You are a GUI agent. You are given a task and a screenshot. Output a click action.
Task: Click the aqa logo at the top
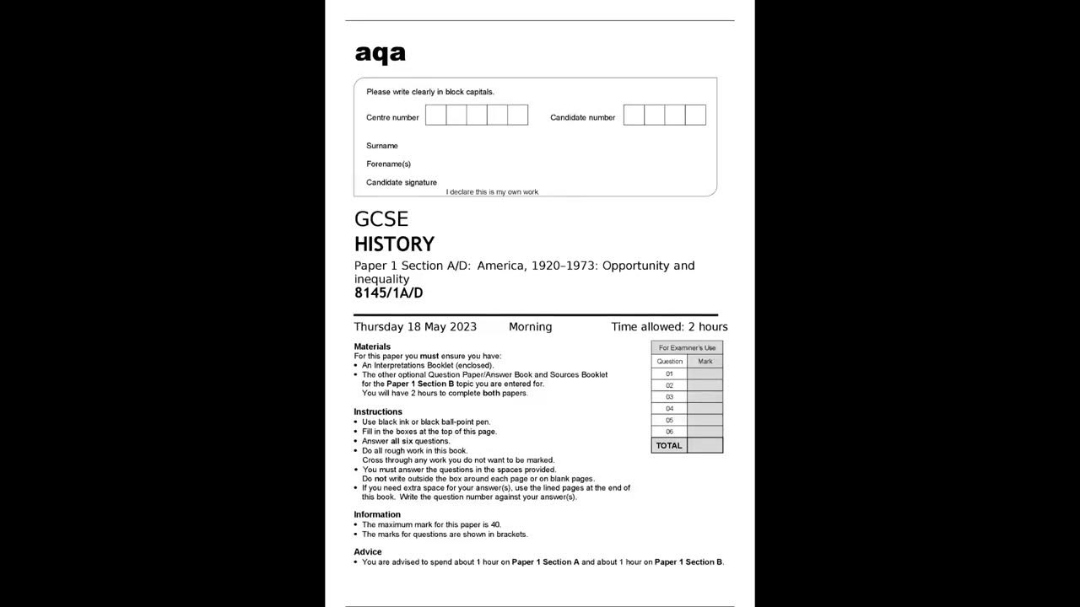(380, 54)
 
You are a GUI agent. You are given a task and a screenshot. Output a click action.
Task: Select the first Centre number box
(435, 115)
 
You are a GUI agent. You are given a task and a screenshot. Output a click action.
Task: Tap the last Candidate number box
(695, 115)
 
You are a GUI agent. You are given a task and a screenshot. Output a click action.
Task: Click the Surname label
(382, 146)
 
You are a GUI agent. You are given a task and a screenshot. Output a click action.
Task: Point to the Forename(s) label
(388, 164)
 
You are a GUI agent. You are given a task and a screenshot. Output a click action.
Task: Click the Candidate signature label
(402, 182)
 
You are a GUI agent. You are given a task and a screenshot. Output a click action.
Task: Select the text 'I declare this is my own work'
(492, 192)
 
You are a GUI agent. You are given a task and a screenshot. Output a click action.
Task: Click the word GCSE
(381, 219)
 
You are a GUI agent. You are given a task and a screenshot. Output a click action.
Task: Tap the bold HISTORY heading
(394, 244)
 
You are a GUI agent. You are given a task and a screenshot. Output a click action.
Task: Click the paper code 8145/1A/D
(388, 293)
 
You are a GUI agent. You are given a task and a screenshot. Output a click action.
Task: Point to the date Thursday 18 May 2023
(415, 327)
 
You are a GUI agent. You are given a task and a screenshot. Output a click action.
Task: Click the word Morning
(530, 327)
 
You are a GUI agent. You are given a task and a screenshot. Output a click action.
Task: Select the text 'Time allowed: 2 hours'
(669, 327)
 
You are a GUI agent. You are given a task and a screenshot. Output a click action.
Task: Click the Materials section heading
(372, 346)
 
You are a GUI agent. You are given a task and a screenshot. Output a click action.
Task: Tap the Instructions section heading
(378, 412)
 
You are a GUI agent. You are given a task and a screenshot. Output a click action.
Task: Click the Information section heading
(377, 514)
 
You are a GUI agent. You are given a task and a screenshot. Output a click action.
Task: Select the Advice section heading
(368, 552)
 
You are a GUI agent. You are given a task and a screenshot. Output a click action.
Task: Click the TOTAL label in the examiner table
(669, 445)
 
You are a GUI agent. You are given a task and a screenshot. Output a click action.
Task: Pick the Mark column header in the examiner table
(705, 361)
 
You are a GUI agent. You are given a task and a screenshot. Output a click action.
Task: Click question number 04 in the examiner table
(669, 408)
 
